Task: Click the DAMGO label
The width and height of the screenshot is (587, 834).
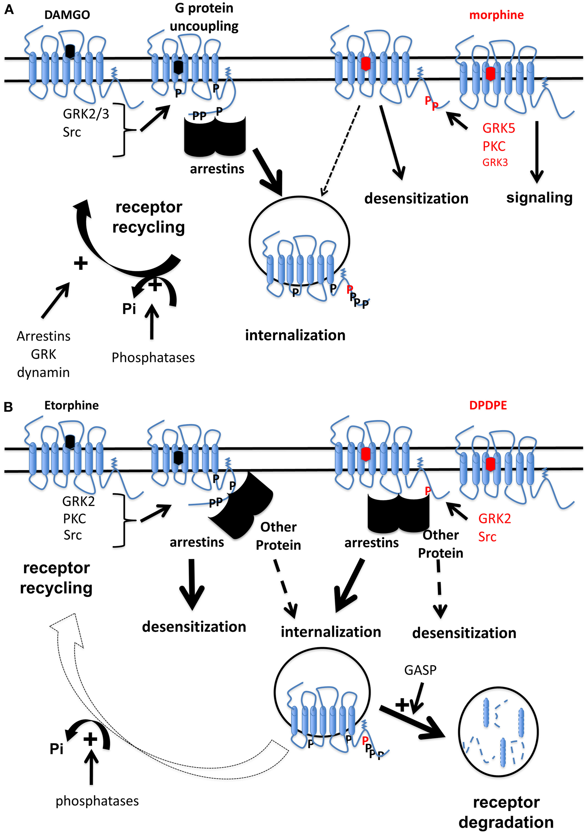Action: coord(67,15)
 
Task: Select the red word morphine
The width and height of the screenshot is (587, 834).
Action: coord(496,15)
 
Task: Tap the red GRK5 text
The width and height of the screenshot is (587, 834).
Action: coord(498,128)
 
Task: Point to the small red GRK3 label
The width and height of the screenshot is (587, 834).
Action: coord(495,162)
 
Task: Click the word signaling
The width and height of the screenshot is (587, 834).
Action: coord(539,197)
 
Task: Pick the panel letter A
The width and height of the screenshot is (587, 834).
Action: coord(9,9)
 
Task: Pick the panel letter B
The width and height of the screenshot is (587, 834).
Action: coord(8,407)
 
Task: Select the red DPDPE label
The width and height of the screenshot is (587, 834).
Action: coord(488,405)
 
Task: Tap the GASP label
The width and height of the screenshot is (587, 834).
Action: coord(420,670)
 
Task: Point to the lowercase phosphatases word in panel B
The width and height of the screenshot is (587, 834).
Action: coord(97,801)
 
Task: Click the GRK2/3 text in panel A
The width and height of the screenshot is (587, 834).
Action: coord(86,114)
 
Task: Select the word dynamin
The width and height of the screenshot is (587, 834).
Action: coord(43,372)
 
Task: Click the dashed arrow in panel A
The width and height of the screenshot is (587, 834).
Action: coord(340,151)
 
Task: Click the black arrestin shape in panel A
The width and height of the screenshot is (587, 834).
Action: coord(215,136)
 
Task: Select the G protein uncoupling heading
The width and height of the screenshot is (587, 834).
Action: coord(204,17)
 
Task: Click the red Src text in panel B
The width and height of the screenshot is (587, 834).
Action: coord(487,536)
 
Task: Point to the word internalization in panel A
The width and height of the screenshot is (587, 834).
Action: coord(295,335)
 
